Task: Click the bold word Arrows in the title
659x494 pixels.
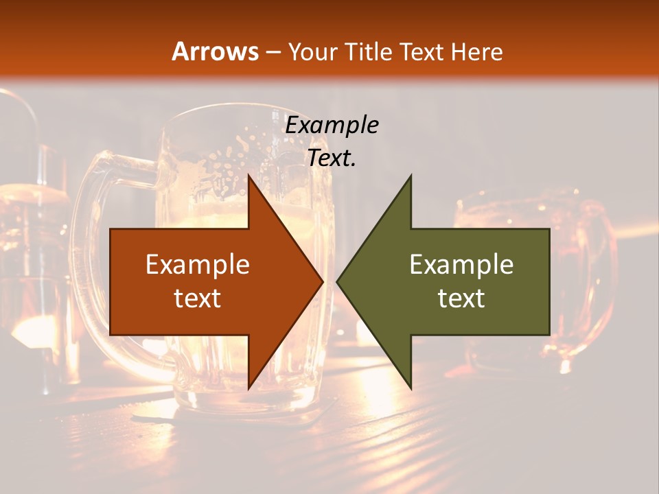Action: pos(216,51)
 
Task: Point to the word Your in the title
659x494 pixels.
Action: pos(312,51)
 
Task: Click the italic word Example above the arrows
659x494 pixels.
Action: pos(332,126)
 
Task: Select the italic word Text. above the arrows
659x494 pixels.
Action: pos(332,158)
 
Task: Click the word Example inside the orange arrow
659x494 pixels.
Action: pos(198,264)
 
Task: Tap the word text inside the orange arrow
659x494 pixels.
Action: pos(198,298)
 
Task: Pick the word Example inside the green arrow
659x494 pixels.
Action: pos(461,264)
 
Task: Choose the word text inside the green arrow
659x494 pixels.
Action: pos(461,298)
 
